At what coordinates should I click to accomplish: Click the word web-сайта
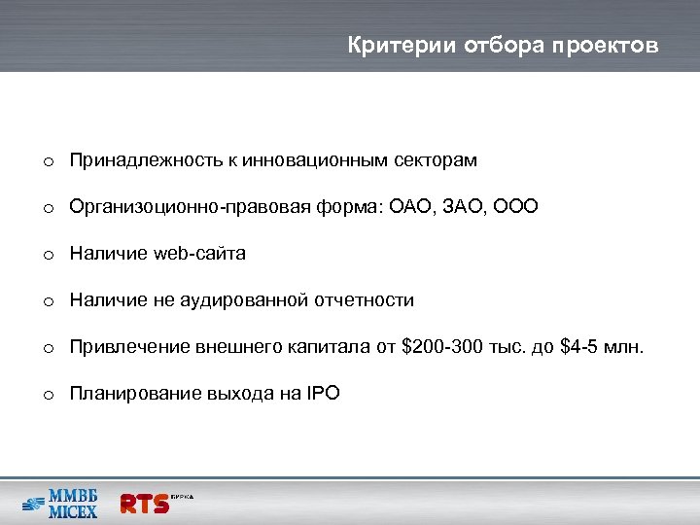point(199,254)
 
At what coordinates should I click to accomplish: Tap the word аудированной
point(243,300)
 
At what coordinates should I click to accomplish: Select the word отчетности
point(365,300)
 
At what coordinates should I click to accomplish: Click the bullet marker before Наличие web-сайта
point(47,255)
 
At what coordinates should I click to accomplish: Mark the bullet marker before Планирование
point(47,395)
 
